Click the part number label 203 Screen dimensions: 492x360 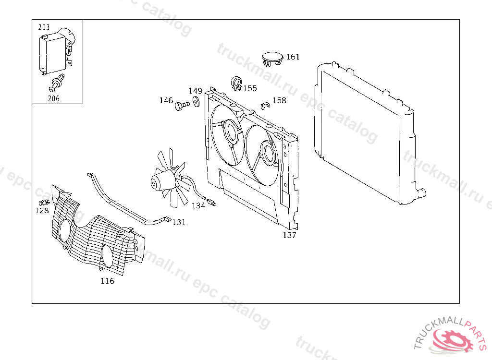(44, 28)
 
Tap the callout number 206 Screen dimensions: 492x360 (54, 98)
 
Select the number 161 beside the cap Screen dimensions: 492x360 (293, 57)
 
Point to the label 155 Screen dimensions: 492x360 (250, 88)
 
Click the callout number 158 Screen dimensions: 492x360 (279, 100)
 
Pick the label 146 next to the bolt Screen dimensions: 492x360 (166, 100)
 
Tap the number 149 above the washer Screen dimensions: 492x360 (195, 91)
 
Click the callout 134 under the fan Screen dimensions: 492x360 (198, 205)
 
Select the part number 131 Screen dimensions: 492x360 (179, 222)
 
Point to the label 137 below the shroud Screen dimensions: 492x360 (289, 235)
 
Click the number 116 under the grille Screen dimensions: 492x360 (107, 281)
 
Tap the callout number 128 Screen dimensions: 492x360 (42, 210)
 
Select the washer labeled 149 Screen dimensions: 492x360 (196, 102)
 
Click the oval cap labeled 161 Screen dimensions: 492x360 (272, 58)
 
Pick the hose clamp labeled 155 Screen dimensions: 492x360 (236, 83)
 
